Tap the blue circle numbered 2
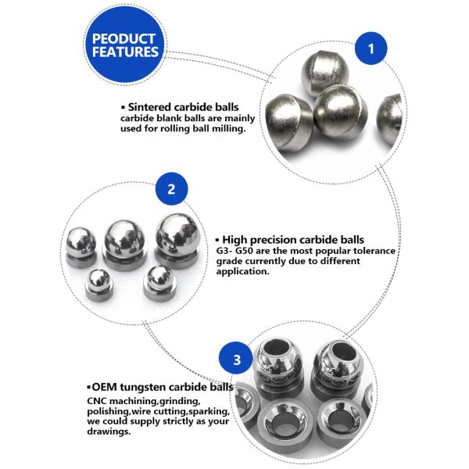click(x=171, y=190)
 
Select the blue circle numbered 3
click(x=236, y=361)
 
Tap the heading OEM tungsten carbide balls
click(x=160, y=387)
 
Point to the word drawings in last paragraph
click(x=109, y=431)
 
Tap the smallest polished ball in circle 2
click(x=98, y=280)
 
